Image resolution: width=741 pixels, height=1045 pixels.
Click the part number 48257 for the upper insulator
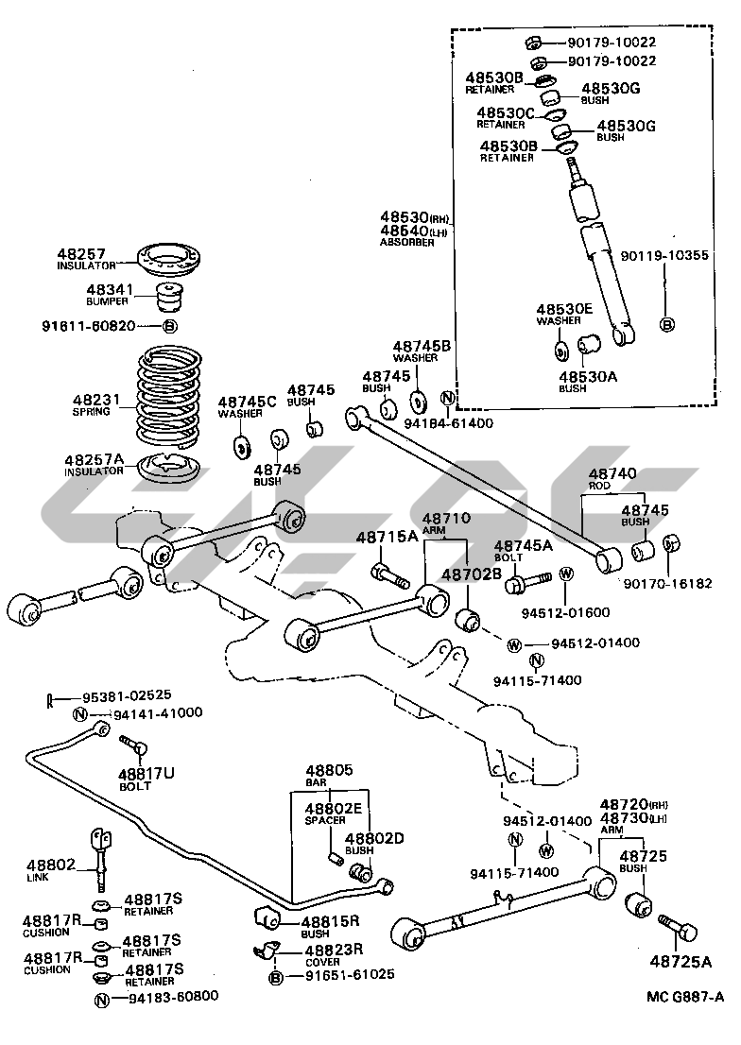pyautogui.click(x=79, y=254)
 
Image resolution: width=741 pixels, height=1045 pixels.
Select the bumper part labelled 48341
pyautogui.click(x=170, y=295)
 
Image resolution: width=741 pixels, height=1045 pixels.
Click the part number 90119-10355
pyautogui.click(x=664, y=255)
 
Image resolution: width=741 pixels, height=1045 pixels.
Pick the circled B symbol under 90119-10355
pyautogui.click(x=665, y=325)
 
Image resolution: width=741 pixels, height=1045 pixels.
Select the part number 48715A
pyautogui.click(x=387, y=538)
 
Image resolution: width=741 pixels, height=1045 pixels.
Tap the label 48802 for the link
pyautogui.click(x=51, y=865)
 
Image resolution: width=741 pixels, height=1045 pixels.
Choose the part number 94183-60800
pyautogui.click(x=173, y=996)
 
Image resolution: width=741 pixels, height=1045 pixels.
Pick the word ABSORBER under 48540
pyautogui.click(x=407, y=243)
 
